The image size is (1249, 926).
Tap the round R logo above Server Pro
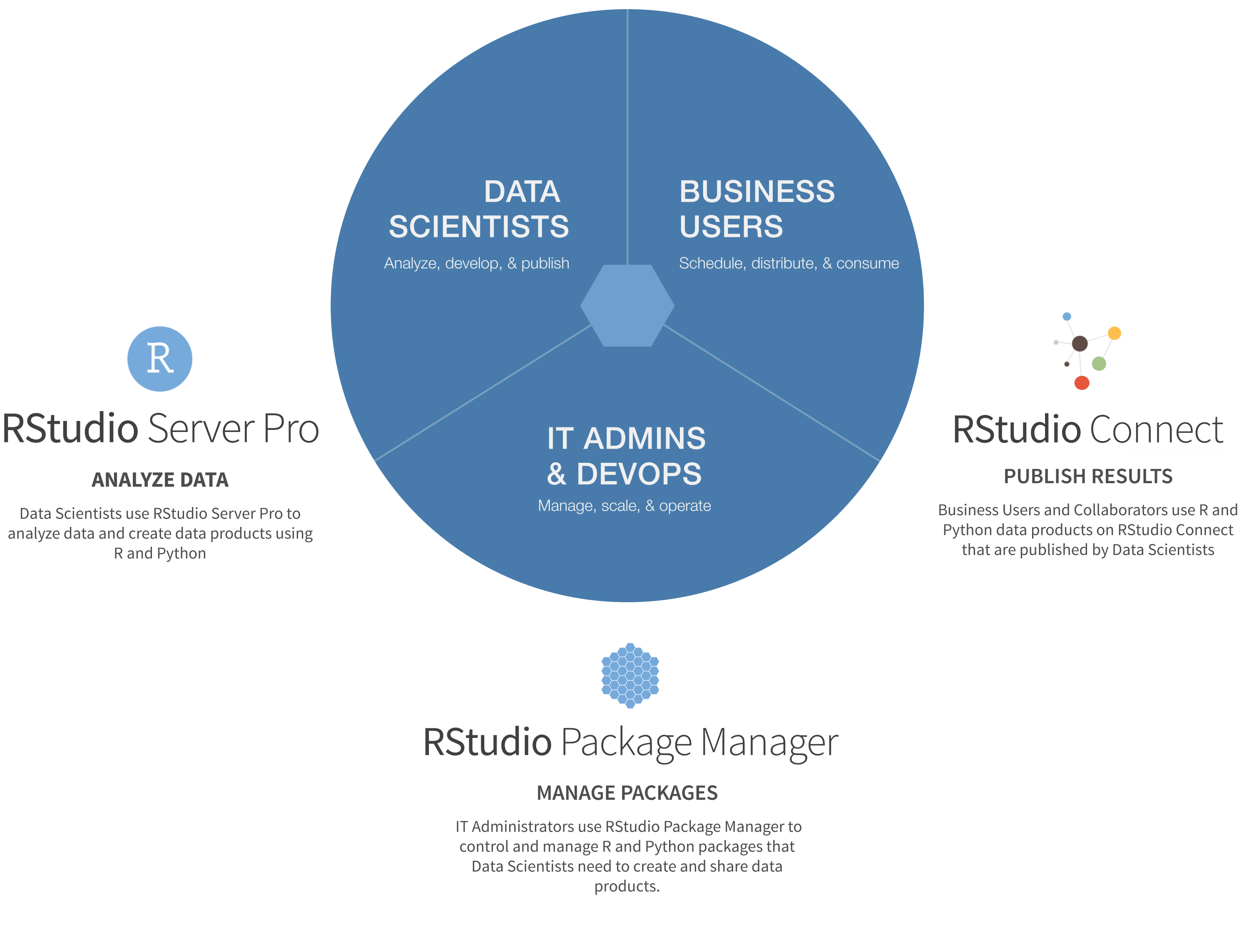(160, 359)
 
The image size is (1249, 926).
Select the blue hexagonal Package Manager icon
(630, 675)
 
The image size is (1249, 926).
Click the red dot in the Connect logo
(1081, 383)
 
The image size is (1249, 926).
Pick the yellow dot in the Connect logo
(1115, 333)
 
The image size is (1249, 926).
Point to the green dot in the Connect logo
(1099, 364)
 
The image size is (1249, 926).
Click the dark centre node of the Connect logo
(1079, 343)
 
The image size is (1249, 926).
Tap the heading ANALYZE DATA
(160, 480)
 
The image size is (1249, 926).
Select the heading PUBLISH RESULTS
(1087, 477)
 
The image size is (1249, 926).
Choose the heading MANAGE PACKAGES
(627, 792)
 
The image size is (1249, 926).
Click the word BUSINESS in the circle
(757, 192)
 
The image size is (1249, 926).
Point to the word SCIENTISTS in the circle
(479, 226)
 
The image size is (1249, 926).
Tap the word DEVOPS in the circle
(639, 474)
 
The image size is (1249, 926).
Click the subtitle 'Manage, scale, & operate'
(624, 506)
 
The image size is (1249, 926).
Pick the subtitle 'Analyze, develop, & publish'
(477, 263)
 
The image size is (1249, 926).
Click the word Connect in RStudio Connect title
(1155, 429)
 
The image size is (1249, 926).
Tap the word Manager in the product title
(769, 743)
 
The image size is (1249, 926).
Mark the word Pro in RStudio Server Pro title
(291, 428)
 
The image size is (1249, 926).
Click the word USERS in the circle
(731, 226)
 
